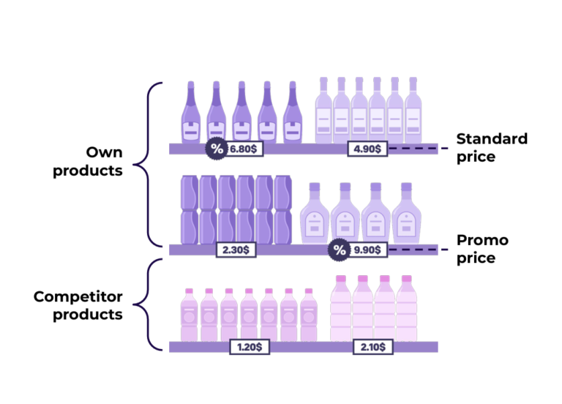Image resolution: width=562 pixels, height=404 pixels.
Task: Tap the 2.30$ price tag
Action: click(x=235, y=250)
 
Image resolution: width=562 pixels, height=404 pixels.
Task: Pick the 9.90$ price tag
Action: click(x=367, y=250)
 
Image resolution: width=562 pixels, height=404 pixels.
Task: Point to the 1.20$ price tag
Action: click(x=250, y=346)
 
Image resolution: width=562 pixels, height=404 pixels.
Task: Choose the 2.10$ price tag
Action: click(x=373, y=346)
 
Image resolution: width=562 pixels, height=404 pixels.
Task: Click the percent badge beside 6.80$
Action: click(x=216, y=149)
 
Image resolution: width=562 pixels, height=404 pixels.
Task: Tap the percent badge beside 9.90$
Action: click(x=339, y=250)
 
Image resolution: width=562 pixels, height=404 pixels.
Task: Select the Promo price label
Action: click(x=482, y=249)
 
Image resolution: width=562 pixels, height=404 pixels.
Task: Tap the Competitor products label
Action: click(x=78, y=306)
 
